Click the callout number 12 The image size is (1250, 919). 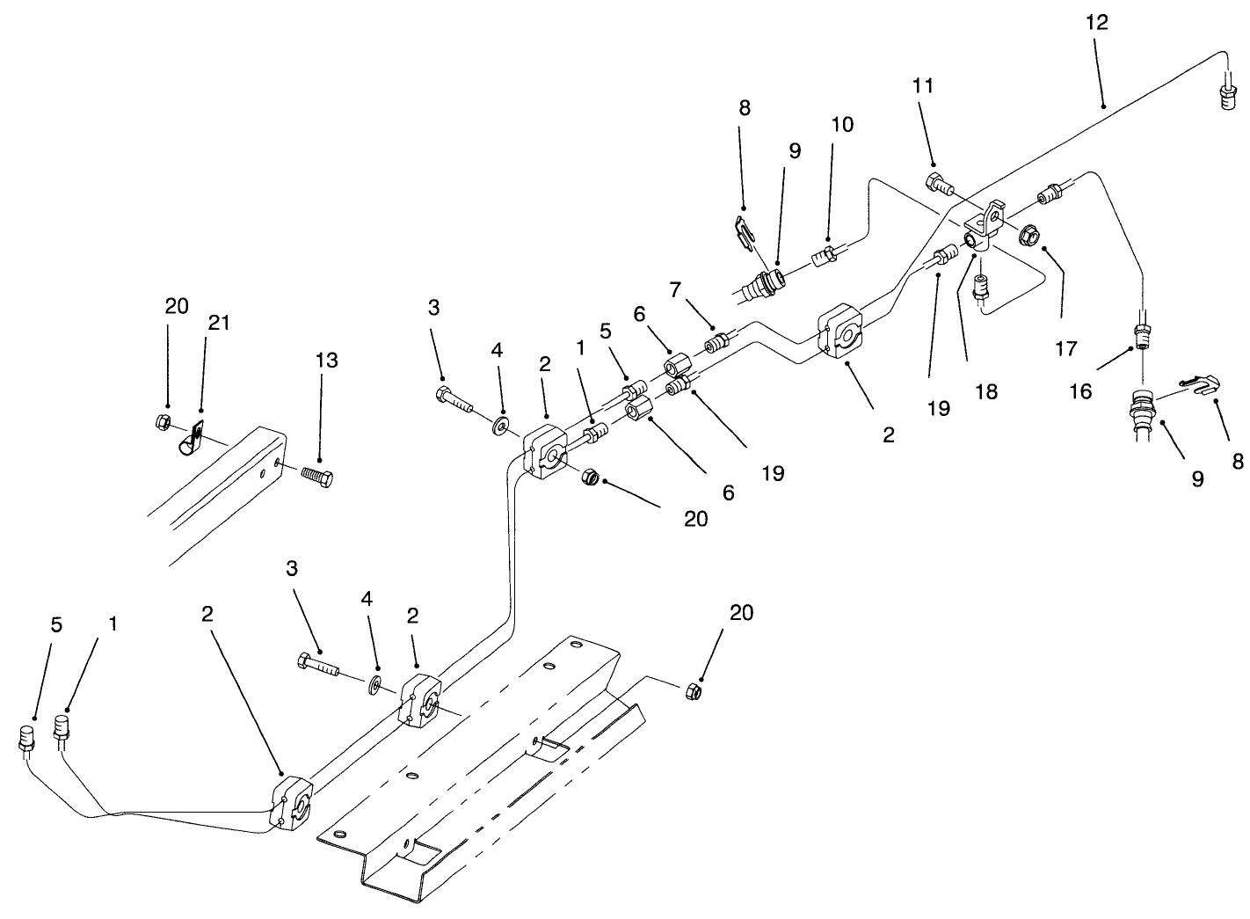[x=1096, y=23]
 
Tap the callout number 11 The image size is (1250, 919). [x=923, y=86]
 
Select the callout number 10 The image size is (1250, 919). [x=841, y=124]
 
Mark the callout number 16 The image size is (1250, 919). [x=1080, y=390]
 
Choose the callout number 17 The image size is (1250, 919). [x=1065, y=349]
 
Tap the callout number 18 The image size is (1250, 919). [x=986, y=391]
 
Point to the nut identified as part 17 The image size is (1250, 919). [x=1029, y=235]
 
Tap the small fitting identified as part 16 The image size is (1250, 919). [x=1141, y=334]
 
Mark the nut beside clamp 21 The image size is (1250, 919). [x=163, y=423]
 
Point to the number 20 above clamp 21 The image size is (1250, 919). [x=176, y=306]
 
